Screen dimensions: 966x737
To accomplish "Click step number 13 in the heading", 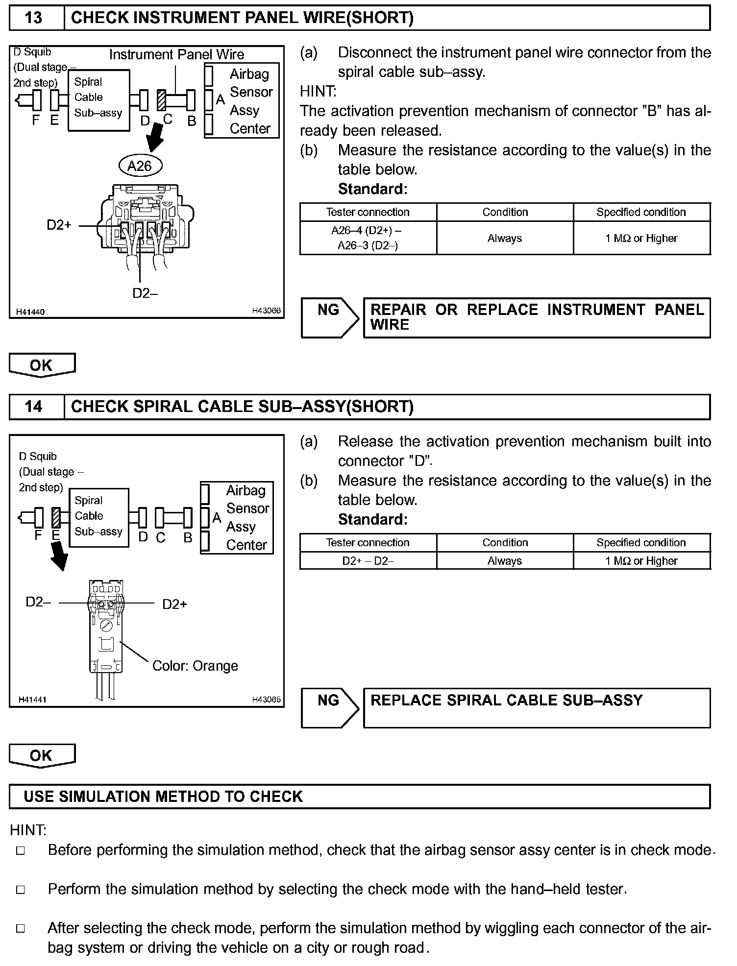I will [33, 18].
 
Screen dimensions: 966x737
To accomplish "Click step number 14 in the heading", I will [33, 407].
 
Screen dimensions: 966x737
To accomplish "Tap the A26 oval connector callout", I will [140, 166].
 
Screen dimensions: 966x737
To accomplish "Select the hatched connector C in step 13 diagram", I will [161, 100].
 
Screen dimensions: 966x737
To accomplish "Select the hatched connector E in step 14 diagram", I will [56, 517].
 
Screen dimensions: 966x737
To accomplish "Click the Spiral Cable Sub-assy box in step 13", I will [98, 100].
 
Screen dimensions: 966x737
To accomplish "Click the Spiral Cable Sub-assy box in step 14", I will [98, 517].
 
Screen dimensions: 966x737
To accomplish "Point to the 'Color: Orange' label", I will [195, 666].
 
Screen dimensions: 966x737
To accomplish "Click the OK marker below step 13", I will [42, 365].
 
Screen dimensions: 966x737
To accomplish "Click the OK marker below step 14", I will [42, 755].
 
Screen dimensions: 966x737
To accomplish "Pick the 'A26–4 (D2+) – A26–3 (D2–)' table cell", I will [368, 238].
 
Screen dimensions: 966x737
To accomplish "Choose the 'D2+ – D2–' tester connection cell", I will [368, 561].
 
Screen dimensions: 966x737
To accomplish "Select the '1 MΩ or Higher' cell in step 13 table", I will [641, 238].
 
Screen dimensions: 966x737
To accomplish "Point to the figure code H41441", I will [32, 700].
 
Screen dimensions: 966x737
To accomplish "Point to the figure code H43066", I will [267, 311].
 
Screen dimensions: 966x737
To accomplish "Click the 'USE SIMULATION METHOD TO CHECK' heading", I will [163, 797].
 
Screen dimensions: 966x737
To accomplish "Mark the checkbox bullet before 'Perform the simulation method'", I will [21, 890].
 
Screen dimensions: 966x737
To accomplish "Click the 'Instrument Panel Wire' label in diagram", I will [176, 54].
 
